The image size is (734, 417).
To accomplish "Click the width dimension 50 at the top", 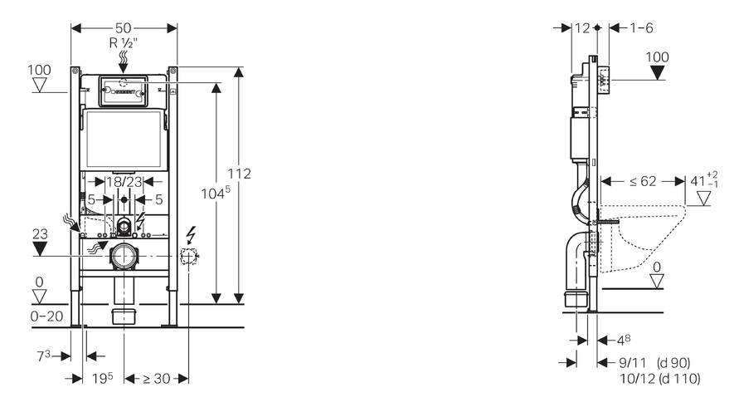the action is coord(123,28).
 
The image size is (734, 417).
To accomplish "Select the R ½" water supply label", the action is coord(124,43).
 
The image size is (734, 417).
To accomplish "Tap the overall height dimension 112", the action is coord(239,174).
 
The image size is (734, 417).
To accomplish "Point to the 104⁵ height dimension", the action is coord(216,193).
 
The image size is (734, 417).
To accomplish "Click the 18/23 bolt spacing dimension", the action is coord(124,182).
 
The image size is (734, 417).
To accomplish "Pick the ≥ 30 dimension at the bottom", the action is coord(156,378).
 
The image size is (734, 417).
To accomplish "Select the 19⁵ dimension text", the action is coord(103,378).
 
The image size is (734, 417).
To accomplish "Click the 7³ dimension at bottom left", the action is coord(43,356).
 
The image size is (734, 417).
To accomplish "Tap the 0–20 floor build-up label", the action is coord(46,316).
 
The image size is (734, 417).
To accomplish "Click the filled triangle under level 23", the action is coord(40,248).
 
